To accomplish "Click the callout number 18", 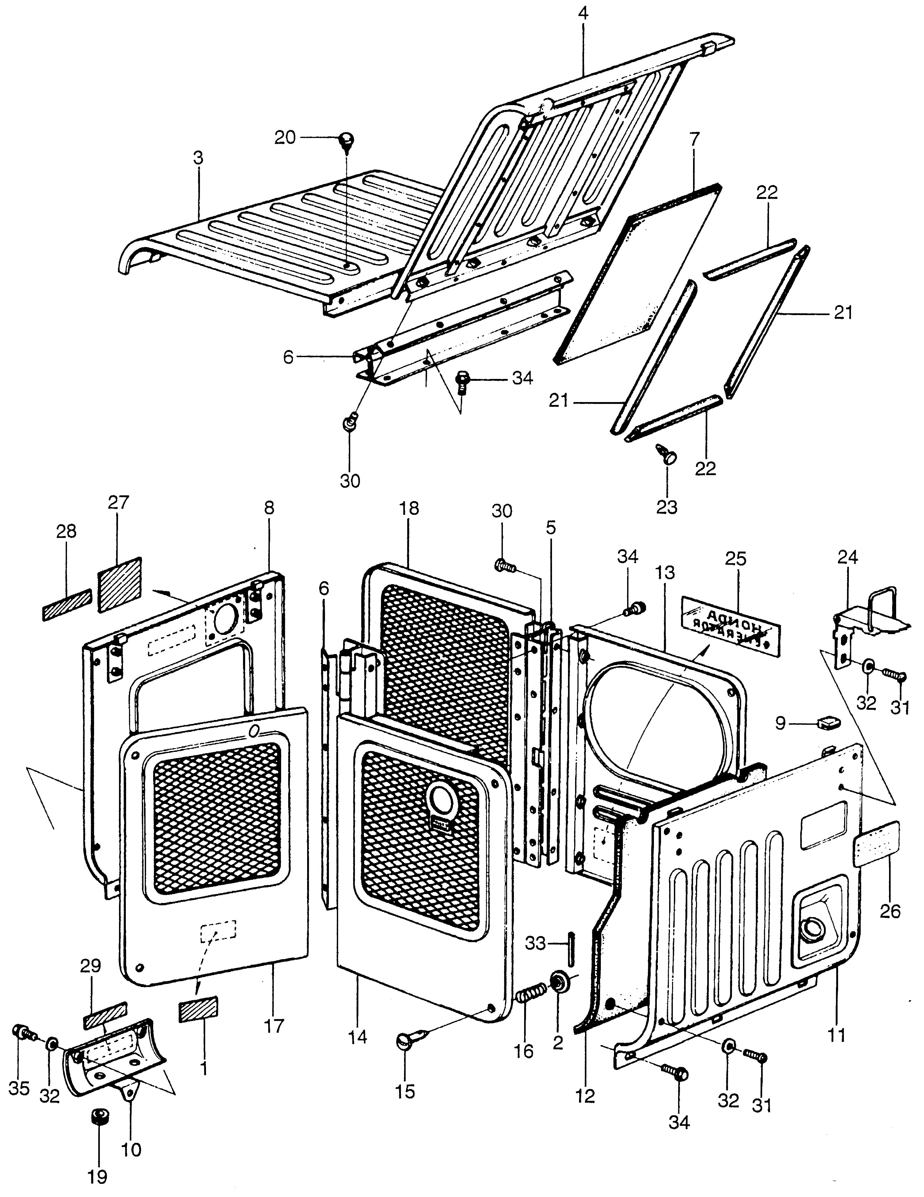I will pyautogui.click(x=409, y=508).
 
